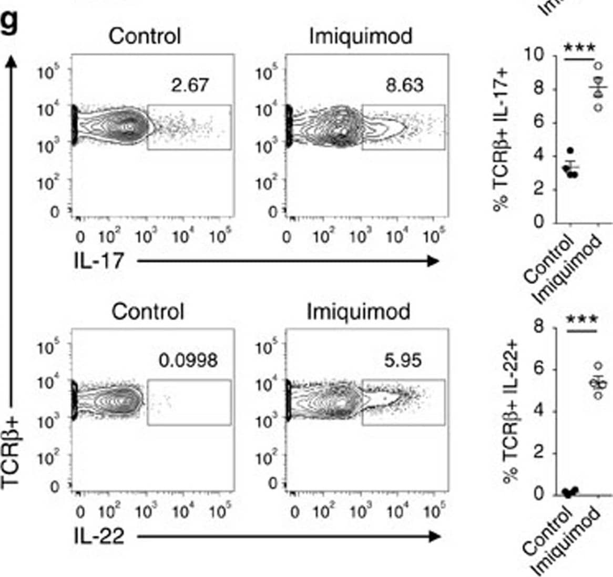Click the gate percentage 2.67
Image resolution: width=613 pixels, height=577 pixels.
[x=190, y=85]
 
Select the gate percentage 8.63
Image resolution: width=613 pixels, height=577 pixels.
[x=404, y=85]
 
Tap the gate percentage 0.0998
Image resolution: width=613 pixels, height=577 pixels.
[x=188, y=360]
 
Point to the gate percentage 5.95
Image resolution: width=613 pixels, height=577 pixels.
[x=403, y=360]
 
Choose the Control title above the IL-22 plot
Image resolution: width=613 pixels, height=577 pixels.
[x=148, y=312]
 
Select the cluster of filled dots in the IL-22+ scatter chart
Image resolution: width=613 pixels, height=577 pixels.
[x=570, y=492]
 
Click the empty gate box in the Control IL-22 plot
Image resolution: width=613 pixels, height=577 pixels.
[x=189, y=402]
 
